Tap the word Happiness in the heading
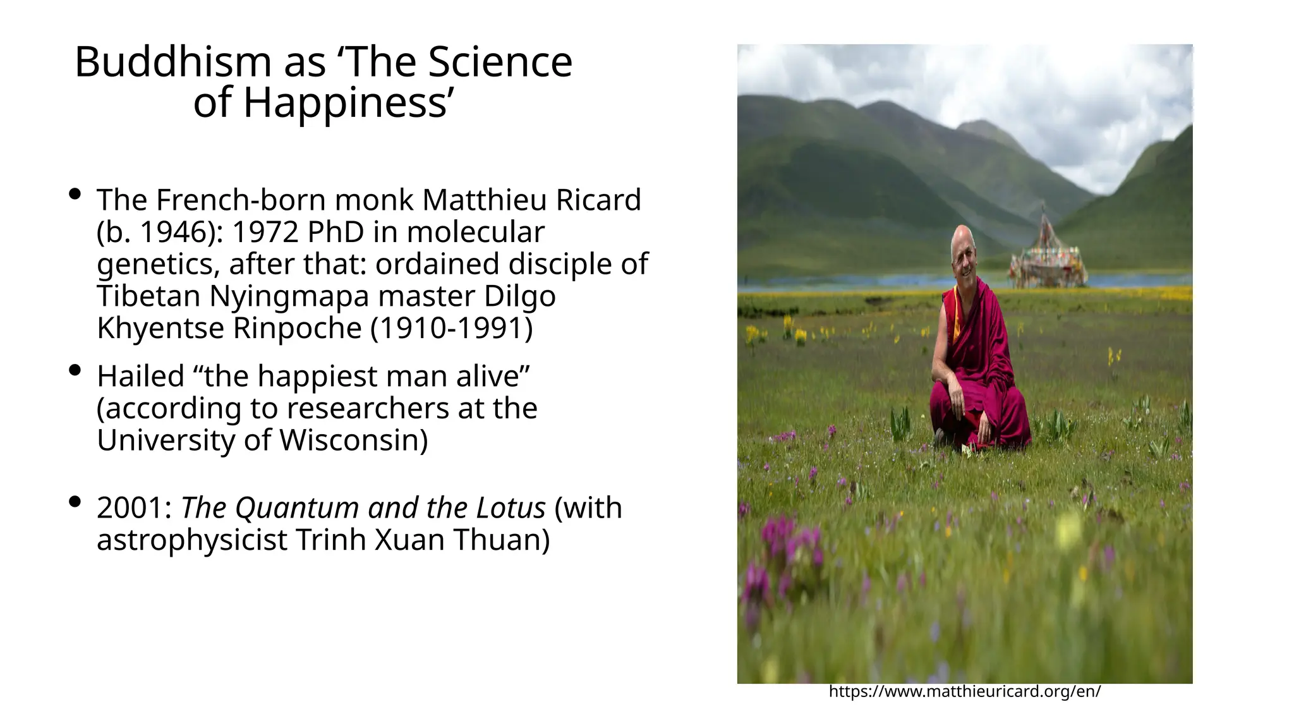click(x=346, y=103)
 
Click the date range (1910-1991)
click(x=451, y=328)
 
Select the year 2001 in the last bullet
click(x=130, y=507)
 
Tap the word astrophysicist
click(x=191, y=540)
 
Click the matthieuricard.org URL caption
click(x=964, y=691)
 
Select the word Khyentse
click(x=160, y=328)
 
